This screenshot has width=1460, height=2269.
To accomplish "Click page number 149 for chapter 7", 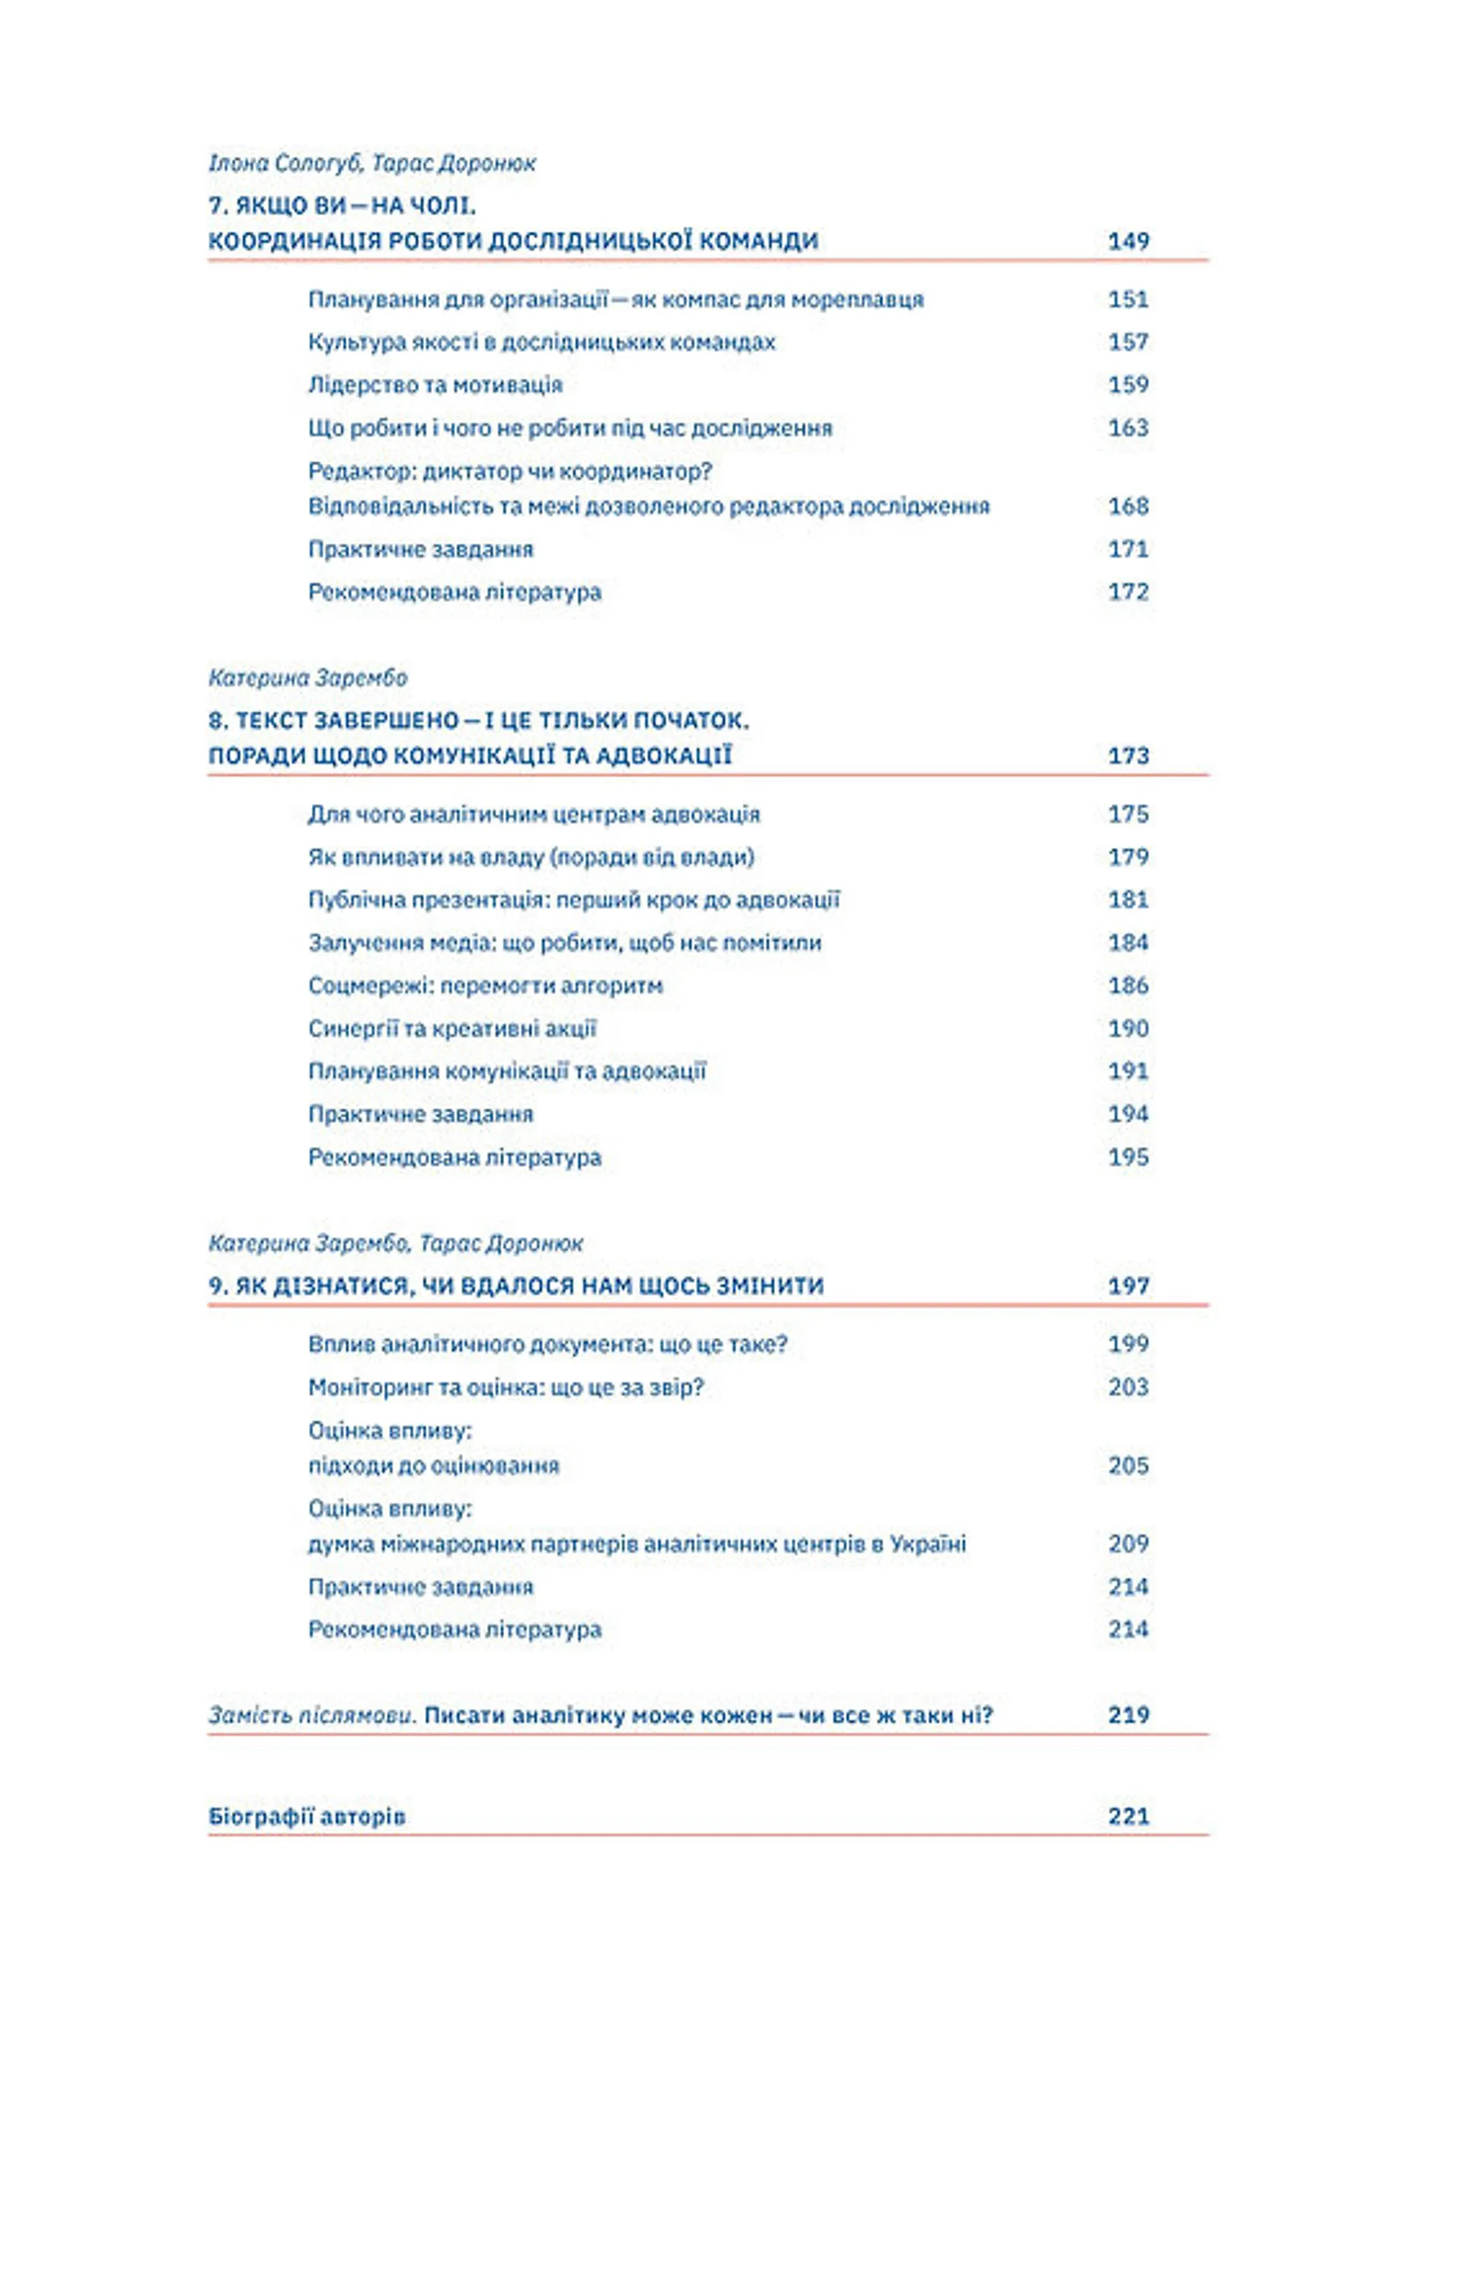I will pyautogui.click(x=1128, y=241).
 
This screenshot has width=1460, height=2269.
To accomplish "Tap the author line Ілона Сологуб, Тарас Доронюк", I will pyautogui.click(x=372, y=163).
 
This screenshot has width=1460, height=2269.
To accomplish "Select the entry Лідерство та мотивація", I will pyautogui.click(x=435, y=385).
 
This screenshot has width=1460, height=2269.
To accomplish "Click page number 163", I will pyautogui.click(x=1128, y=427).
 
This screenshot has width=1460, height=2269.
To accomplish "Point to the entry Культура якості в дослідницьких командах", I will pyautogui.click(x=541, y=341).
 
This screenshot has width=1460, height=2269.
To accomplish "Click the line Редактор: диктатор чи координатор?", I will pyautogui.click(x=510, y=471).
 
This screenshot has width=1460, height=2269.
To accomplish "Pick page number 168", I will pyautogui.click(x=1128, y=506).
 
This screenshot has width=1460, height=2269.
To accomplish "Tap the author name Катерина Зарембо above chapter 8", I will pyautogui.click(x=308, y=678).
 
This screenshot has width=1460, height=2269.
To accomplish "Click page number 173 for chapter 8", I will pyautogui.click(x=1128, y=756).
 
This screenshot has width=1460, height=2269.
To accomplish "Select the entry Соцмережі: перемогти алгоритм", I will pyautogui.click(x=485, y=986).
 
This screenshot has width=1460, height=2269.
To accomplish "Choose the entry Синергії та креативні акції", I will pyautogui.click(x=452, y=1028).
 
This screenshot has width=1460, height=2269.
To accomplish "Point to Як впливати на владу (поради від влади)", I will pyautogui.click(x=531, y=857).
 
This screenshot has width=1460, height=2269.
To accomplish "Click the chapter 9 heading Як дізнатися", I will pyautogui.click(x=516, y=1285).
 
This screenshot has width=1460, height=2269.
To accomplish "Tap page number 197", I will pyautogui.click(x=1128, y=1285).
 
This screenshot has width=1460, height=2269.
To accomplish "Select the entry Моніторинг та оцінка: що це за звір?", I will pyautogui.click(x=506, y=1386).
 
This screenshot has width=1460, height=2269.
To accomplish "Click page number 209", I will pyautogui.click(x=1128, y=1543).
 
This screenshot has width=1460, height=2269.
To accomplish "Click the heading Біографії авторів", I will pyautogui.click(x=307, y=1816).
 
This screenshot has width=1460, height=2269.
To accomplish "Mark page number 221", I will pyautogui.click(x=1128, y=1816).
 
